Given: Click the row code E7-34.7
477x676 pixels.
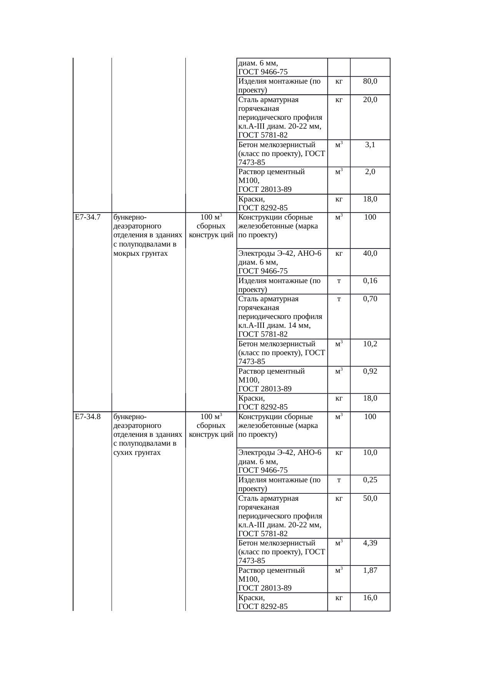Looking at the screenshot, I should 88,217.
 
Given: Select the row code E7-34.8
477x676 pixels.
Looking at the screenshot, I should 88,416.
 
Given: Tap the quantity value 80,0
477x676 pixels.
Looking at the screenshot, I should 370,81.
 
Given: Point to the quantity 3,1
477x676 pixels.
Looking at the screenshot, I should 370,145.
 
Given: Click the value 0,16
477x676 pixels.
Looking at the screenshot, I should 370,281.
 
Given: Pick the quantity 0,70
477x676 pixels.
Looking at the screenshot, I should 370,299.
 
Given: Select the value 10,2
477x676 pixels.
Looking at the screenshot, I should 370,344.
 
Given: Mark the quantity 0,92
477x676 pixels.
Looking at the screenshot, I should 370,371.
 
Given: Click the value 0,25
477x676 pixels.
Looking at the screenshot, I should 370,480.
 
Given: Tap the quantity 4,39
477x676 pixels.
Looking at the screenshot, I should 370,543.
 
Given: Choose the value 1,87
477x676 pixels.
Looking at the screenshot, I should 370,570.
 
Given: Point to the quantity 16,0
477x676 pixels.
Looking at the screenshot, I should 370,598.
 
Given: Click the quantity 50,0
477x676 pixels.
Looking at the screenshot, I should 370,498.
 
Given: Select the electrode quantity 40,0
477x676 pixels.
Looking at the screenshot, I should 370,253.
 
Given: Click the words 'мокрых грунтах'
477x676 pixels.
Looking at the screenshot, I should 141,253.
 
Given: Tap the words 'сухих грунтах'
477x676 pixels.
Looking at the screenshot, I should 137,453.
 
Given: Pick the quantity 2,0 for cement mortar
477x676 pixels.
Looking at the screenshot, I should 370,172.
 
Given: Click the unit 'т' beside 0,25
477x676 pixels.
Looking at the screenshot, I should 339,480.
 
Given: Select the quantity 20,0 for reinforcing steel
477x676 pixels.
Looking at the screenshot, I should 370,100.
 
